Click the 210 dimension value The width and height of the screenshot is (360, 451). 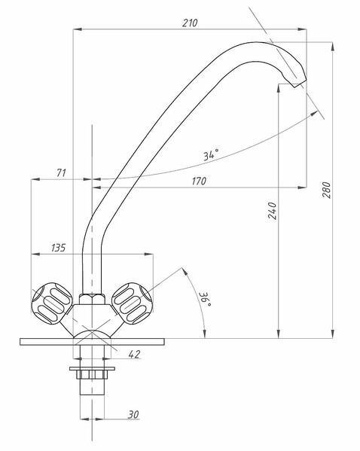tap(190, 23)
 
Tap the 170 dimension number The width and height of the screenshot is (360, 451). tap(199, 181)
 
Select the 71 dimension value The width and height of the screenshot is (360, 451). tap(61, 172)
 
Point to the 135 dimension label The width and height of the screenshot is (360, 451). tap(59, 248)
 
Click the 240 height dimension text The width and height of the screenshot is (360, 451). tap(272, 211)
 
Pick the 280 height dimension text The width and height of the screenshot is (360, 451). tap(327, 190)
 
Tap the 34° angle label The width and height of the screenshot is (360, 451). tap(211, 155)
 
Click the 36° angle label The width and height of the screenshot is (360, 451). tap(206, 299)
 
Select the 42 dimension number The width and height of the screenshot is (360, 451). tap(134, 354)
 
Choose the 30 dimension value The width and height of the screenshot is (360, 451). tap(133, 414)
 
